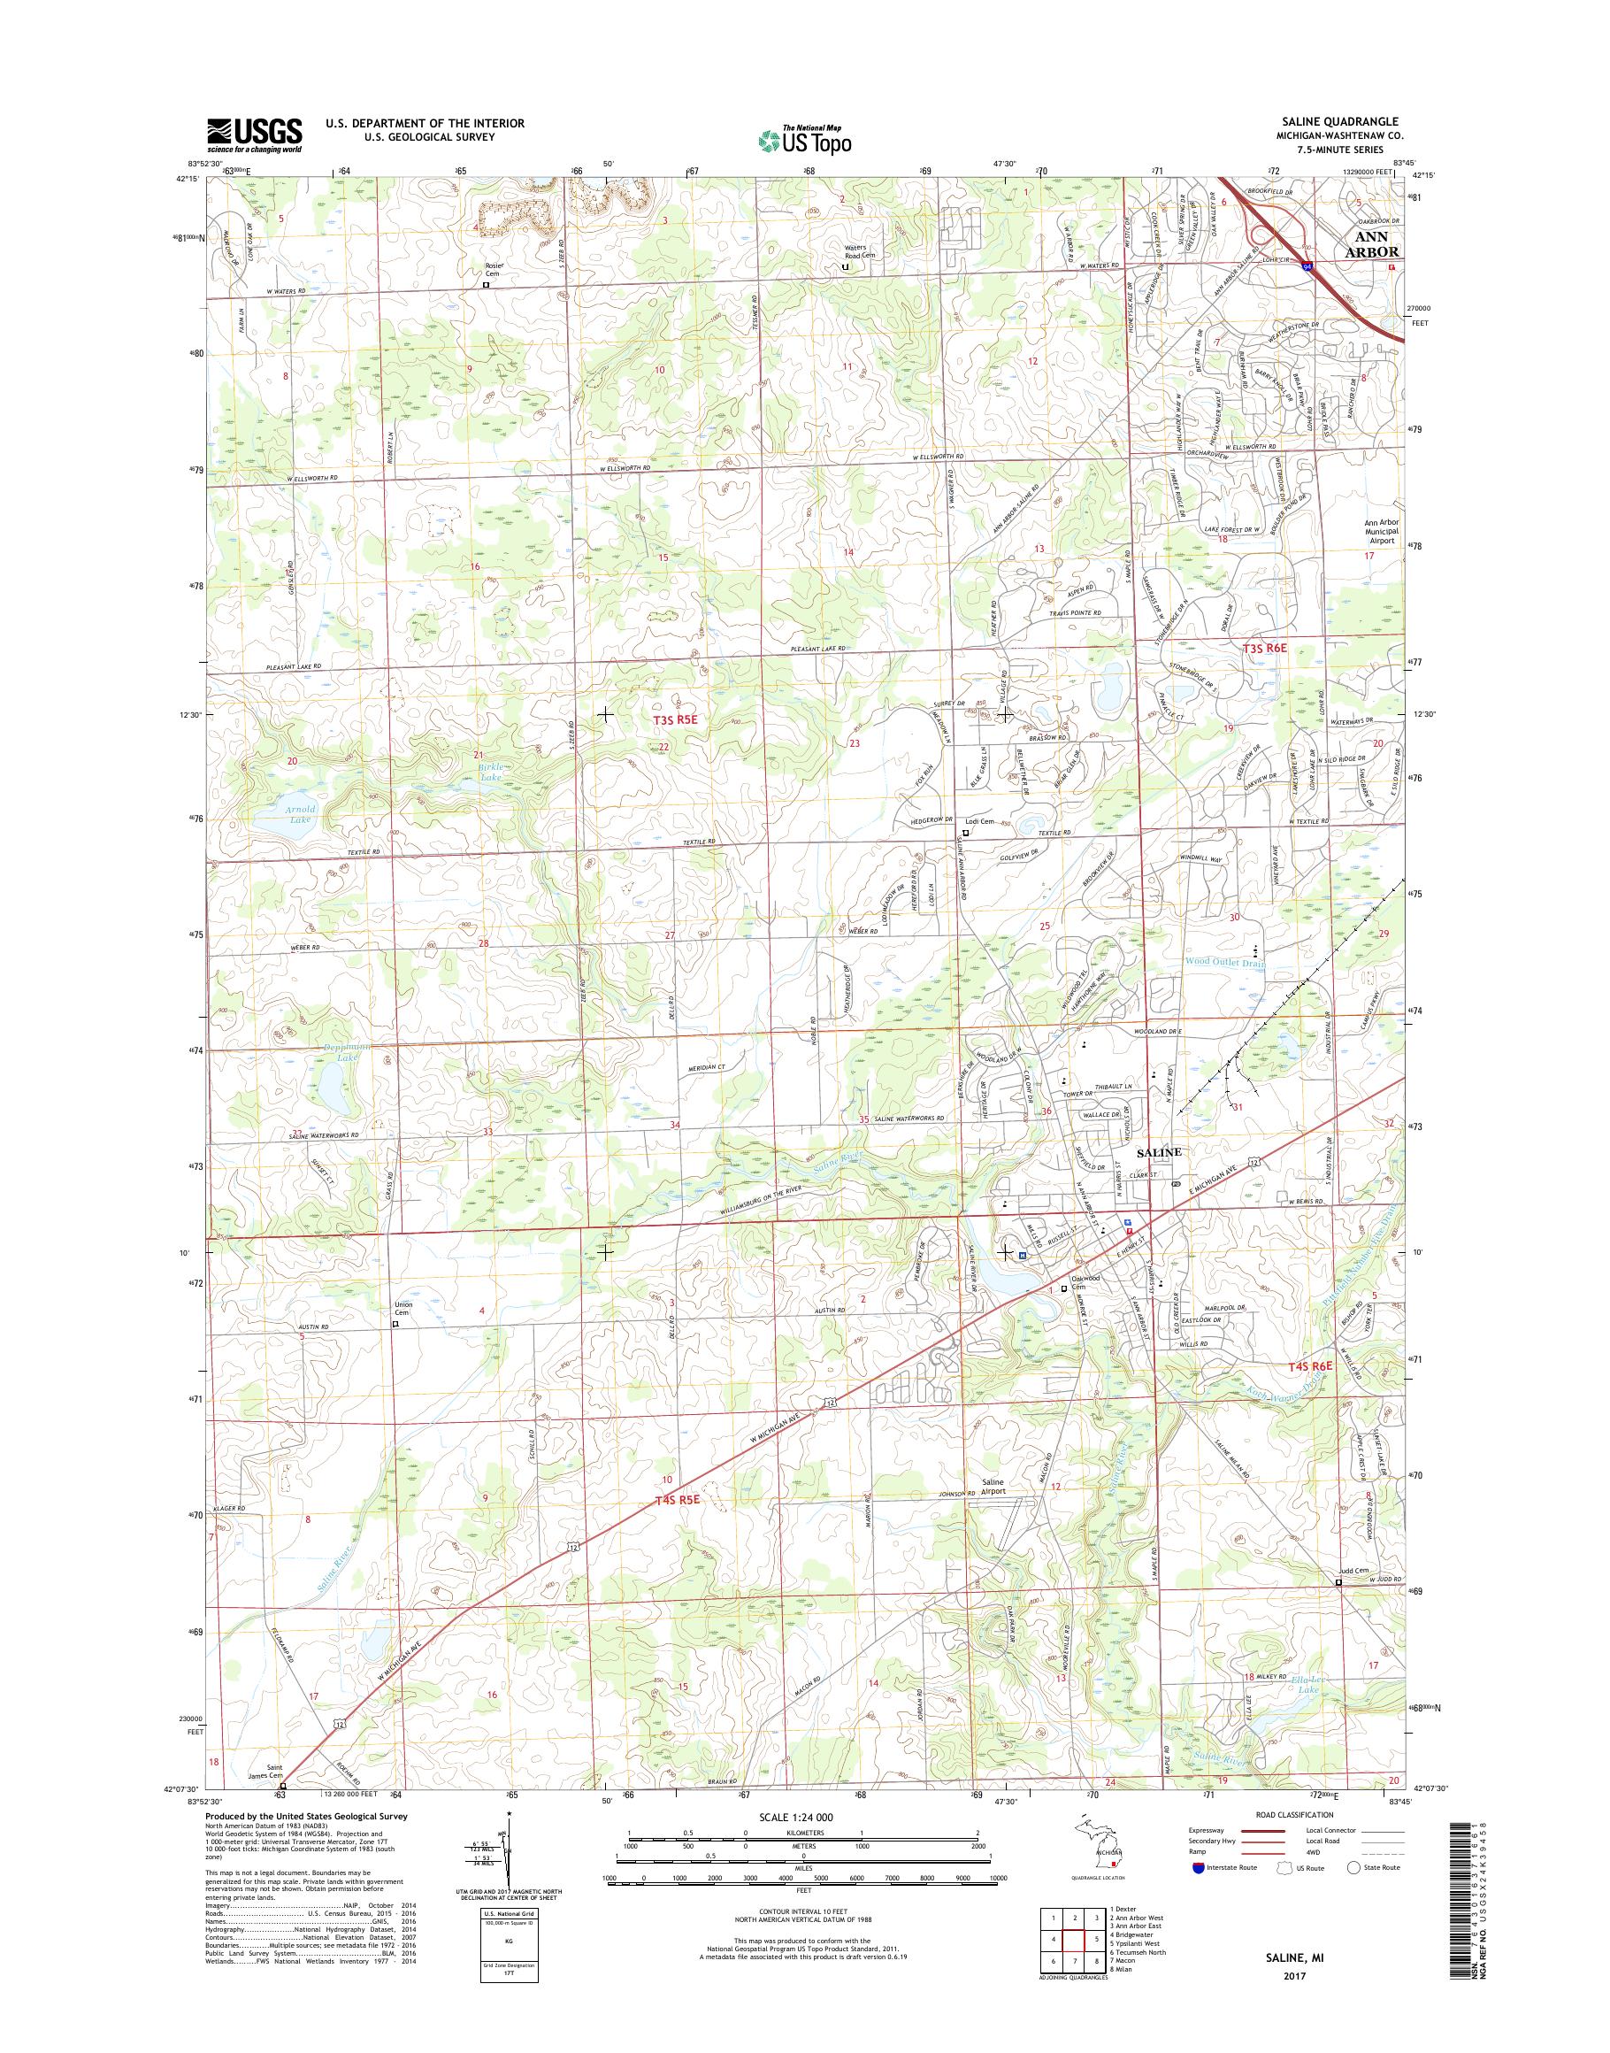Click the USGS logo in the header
255,135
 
